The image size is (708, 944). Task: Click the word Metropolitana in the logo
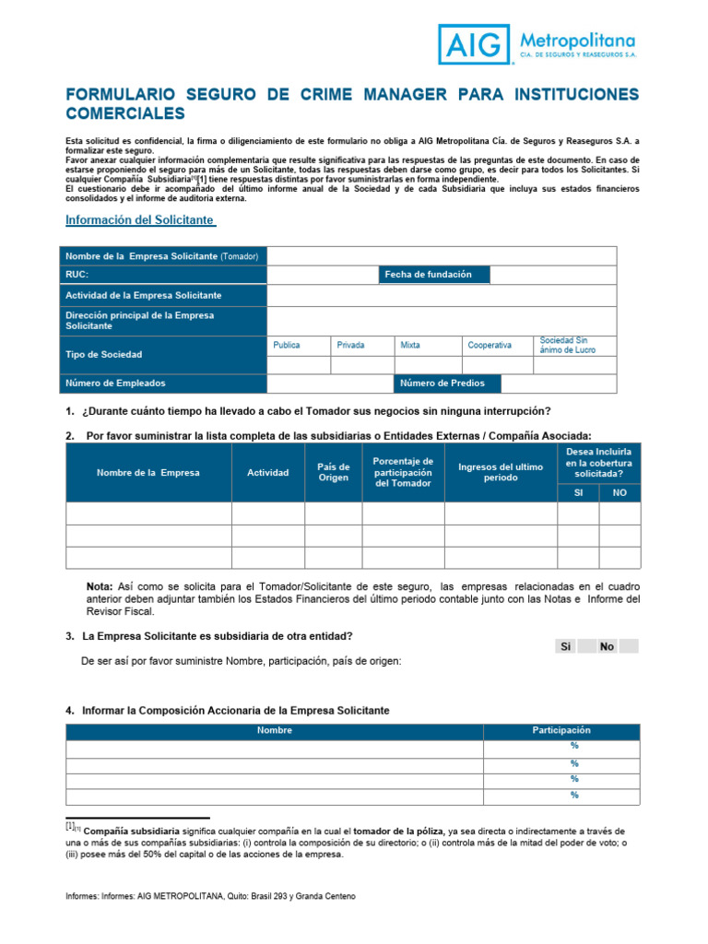coord(578,40)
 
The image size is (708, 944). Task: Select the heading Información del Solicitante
coord(139,220)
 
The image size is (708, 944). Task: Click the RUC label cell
coord(163,275)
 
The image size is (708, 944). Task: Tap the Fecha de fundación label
coord(434,275)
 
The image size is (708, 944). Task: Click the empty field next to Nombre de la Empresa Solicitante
coord(441,255)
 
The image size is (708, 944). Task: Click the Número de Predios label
coord(447,383)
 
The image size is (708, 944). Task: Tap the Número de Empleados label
coord(163,383)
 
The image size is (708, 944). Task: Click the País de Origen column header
coord(333,472)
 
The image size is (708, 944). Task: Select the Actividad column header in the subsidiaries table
coord(267,472)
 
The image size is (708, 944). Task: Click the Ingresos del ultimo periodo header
coord(501,472)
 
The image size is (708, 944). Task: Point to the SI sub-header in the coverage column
coord(577,493)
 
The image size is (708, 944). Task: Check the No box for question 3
coord(607,646)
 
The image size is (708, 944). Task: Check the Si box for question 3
coord(566,646)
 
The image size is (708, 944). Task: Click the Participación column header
coord(560,730)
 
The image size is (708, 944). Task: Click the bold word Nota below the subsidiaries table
coord(100,586)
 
